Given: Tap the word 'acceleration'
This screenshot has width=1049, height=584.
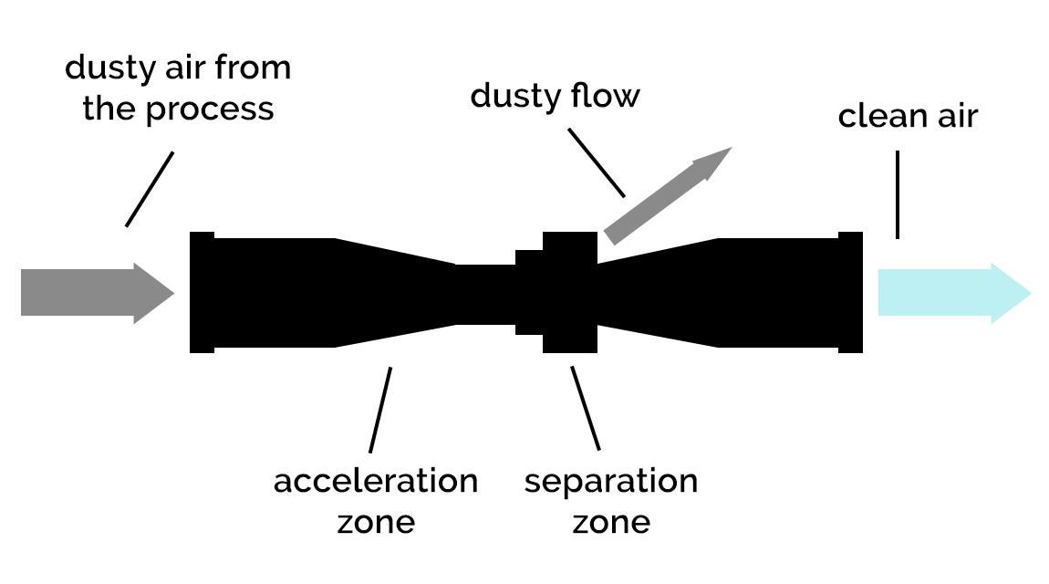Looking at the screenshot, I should click(375, 481).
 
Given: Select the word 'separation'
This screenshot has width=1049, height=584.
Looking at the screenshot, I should click(610, 481).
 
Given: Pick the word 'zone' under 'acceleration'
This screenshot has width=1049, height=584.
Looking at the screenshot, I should click(376, 522).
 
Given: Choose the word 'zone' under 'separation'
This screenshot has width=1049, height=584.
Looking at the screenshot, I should click(610, 522).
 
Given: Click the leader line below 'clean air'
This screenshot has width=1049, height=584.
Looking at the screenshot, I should click(898, 194).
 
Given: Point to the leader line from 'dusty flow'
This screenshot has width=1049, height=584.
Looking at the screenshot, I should click(597, 162).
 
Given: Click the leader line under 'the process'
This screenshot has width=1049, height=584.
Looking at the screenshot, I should click(150, 189).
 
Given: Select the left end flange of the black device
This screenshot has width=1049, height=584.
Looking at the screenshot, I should click(202, 292).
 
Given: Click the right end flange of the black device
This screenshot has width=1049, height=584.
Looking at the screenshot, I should click(850, 292).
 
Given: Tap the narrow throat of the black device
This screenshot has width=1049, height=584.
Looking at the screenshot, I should click(484, 293).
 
